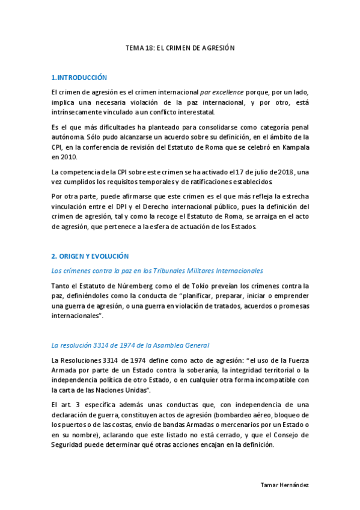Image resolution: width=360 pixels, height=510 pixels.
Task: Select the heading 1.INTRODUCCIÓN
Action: pos(79,78)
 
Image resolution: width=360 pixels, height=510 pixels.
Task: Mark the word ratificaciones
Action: pos(210,182)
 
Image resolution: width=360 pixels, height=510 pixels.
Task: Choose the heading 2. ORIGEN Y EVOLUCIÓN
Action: pos(90,256)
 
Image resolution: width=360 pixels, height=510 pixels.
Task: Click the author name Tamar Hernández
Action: pos(287,485)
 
